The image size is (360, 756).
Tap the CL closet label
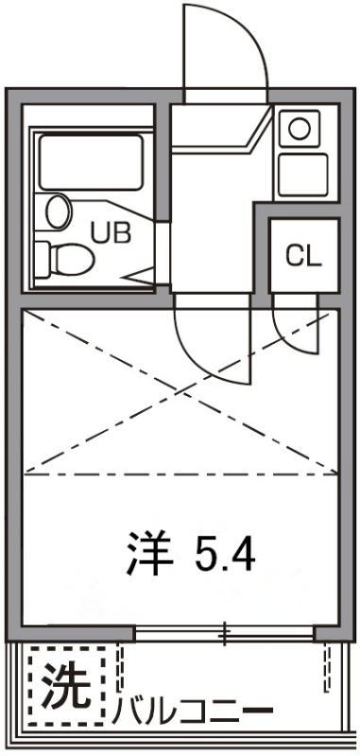click(x=303, y=255)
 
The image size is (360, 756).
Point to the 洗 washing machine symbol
click(x=65, y=682)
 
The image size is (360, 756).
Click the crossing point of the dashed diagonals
click(x=180, y=392)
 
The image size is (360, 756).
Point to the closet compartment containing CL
click(x=303, y=255)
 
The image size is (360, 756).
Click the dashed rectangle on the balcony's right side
click(x=328, y=666)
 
